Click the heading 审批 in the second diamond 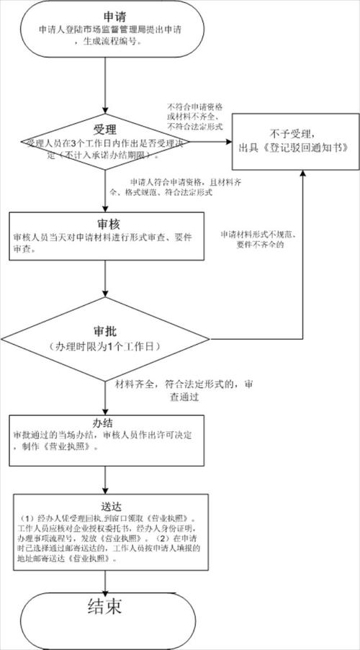[106, 332]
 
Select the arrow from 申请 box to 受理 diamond [106, 86]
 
